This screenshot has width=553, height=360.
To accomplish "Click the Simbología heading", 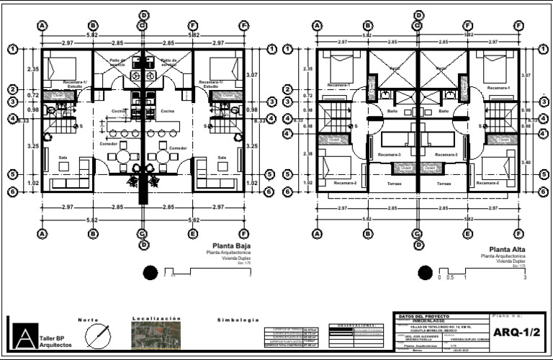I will pyautogui.click(x=237, y=319).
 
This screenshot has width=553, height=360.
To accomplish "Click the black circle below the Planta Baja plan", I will pyautogui.click(x=150, y=272).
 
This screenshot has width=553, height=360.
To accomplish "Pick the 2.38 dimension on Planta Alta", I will pyautogui.click(x=308, y=153).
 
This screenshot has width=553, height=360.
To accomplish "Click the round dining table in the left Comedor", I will pyautogui.click(x=123, y=156).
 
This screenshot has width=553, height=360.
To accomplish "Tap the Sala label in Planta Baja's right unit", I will pyautogui.click(x=222, y=157).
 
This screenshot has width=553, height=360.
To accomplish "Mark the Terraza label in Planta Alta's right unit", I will pyautogui.click(x=442, y=184).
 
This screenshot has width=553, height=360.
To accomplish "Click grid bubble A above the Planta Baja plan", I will pyautogui.click(x=42, y=25).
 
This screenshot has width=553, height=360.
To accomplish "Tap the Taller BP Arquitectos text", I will pyautogui.click(x=56, y=341).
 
